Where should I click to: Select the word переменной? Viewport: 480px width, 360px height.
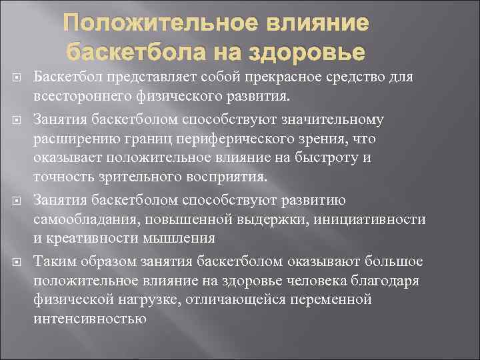[330, 299]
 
